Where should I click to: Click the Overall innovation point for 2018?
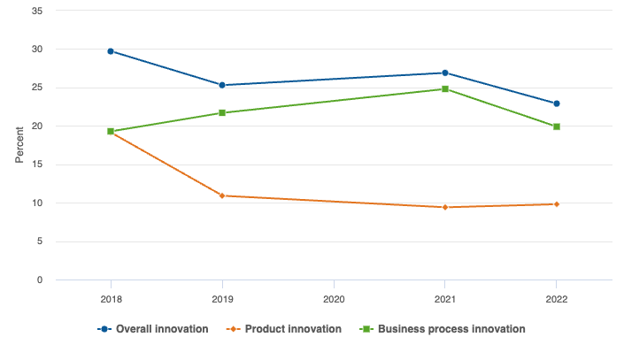pos(111,51)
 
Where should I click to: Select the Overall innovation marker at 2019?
pos(222,85)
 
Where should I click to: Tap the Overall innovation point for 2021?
pos(445,73)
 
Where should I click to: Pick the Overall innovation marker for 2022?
pos(557,103)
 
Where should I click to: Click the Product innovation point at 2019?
pos(222,195)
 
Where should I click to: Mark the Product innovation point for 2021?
pos(445,207)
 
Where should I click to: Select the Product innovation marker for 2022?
pos(557,204)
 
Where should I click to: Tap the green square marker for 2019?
pos(222,113)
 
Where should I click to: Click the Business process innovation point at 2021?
pos(445,88)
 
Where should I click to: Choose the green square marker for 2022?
pos(557,126)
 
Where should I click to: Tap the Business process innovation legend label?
pos(451,329)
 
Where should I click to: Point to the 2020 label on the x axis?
pos(334,299)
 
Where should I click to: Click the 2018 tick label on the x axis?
pos(111,299)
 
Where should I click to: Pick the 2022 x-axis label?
pos(557,299)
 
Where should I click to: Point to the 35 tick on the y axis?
pos(36,11)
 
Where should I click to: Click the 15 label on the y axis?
pos(36,165)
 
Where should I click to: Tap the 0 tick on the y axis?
pos(39,280)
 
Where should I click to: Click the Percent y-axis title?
pos(19,146)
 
